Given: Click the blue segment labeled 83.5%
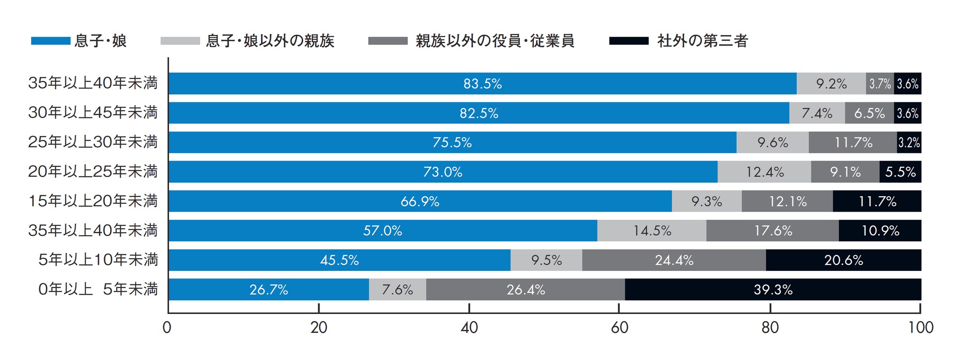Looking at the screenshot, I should (x=482, y=84).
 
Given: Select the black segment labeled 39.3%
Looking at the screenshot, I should (x=773, y=290).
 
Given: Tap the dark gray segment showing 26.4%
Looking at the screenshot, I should (x=526, y=290).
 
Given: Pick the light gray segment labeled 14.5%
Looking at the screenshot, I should (x=652, y=230).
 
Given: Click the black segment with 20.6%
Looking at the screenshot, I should (x=843, y=260).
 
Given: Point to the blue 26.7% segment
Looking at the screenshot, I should (x=268, y=290).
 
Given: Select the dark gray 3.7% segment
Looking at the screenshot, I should (x=880, y=84).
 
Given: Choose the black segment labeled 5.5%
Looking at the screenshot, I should (x=900, y=172).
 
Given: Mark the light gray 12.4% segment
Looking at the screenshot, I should (x=764, y=172).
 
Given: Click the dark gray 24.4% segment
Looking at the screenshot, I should (x=674, y=260).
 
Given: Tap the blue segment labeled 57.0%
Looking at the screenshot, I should (x=382, y=230).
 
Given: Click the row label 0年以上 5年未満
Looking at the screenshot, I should (x=98, y=289).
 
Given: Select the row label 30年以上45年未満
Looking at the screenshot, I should (x=92, y=113).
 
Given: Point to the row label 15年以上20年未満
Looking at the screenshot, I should (x=92, y=201).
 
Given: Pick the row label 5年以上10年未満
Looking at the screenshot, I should (x=98, y=260).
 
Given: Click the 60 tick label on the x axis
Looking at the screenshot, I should (x=619, y=328).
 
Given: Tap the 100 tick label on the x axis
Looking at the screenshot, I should (x=921, y=328).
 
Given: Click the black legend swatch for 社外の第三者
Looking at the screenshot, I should (x=629, y=41).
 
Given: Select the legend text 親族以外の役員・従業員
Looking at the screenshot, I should (x=495, y=41).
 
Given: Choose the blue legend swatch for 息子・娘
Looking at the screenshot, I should (x=51, y=41).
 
